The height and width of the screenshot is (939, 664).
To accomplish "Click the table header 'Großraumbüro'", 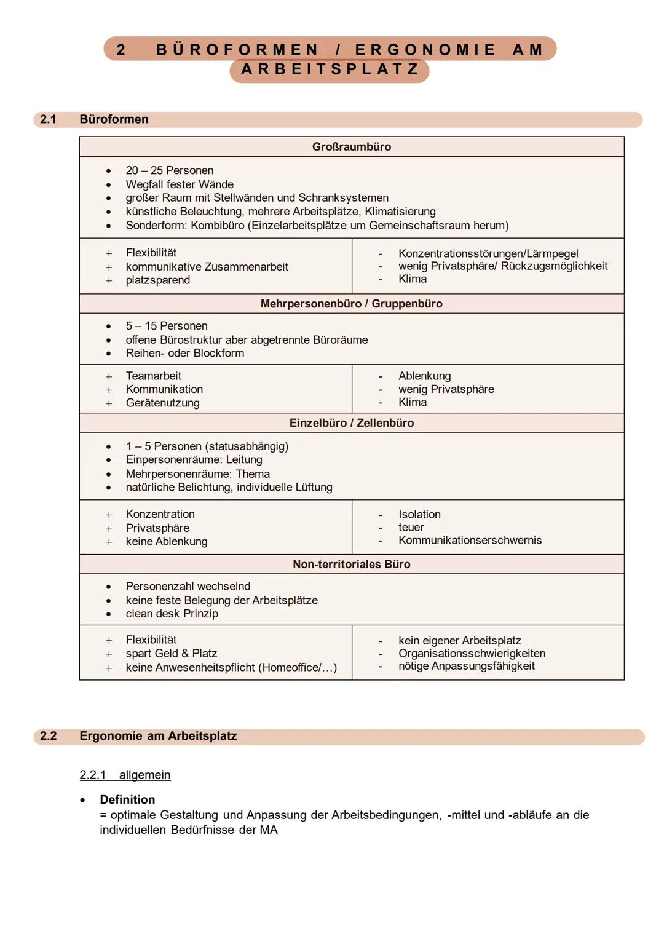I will pyautogui.click(x=351, y=147).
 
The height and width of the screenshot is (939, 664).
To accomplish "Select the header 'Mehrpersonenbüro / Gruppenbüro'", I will pyautogui.click(x=351, y=304).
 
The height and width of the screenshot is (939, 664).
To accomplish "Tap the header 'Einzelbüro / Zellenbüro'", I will pyautogui.click(x=351, y=423).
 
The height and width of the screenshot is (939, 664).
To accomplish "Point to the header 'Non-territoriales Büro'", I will pyautogui.click(x=351, y=565).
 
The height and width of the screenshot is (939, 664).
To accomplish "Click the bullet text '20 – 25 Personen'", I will pyautogui.click(x=170, y=171).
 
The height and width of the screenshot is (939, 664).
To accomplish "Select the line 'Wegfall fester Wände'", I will pyautogui.click(x=180, y=184).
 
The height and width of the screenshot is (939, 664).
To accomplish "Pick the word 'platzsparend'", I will pyautogui.click(x=158, y=280).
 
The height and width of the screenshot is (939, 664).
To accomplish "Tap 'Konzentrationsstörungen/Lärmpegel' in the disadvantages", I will pyautogui.click(x=488, y=253).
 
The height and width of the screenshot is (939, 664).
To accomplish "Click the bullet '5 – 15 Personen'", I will pyautogui.click(x=167, y=326).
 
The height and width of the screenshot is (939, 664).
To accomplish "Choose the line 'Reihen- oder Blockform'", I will pyautogui.click(x=184, y=354).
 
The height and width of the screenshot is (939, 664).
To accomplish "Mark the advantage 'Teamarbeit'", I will pyautogui.click(x=154, y=376).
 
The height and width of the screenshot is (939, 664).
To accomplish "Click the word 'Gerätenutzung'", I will pyautogui.click(x=162, y=403).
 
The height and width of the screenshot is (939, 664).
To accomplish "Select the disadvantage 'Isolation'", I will pyautogui.click(x=419, y=515).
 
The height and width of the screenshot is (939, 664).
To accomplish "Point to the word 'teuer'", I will pyautogui.click(x=411, y=528).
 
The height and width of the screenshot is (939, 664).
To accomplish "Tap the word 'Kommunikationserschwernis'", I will pyautogui.click(x=470, y=541).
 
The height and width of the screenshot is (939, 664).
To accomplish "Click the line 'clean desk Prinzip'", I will pyautogui.click(x=172, y=614).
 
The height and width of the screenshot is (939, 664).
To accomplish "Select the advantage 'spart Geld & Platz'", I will pyautogui.click(x=171, y=654).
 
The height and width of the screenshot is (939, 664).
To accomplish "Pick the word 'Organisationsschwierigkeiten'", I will pyautogui.click(x=472, y=654).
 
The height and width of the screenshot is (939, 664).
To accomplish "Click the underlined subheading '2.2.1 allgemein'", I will pyautogui.click(x=125, y=775).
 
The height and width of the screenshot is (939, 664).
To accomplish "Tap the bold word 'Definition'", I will pyautogui.click(x=127, y=800).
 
